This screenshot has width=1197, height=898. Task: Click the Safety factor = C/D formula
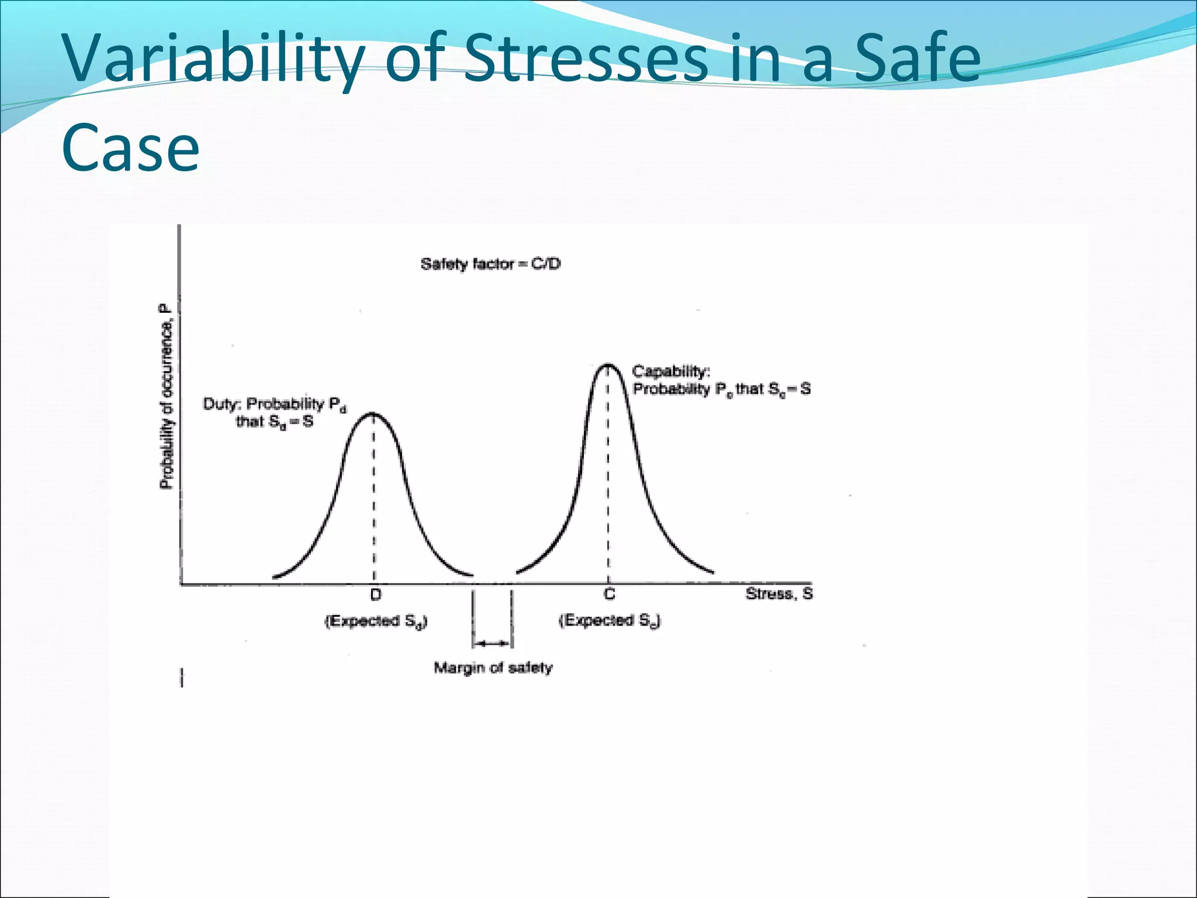(x=490, y=264)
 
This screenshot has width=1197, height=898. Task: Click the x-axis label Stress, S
(x=779, y=594)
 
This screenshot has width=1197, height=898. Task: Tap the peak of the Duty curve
(x=373, y=414)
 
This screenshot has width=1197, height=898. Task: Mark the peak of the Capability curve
(x=608, y=365)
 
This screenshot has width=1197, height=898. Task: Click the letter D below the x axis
(x=376, y=595)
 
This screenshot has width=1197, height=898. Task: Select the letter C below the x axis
(x=609, y=595)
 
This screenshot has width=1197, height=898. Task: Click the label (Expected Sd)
(x=376, y=621)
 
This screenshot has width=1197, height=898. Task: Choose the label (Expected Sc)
(x=610, y=620)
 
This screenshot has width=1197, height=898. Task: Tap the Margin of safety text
(x=493, y=668)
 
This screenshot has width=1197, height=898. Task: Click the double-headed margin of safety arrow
(x=492, y=644)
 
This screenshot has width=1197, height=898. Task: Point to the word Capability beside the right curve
(x=671, y=372)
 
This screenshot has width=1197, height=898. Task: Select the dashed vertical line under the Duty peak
(x=374, y=497)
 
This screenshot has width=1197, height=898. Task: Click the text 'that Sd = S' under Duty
(x=274, y=422)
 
